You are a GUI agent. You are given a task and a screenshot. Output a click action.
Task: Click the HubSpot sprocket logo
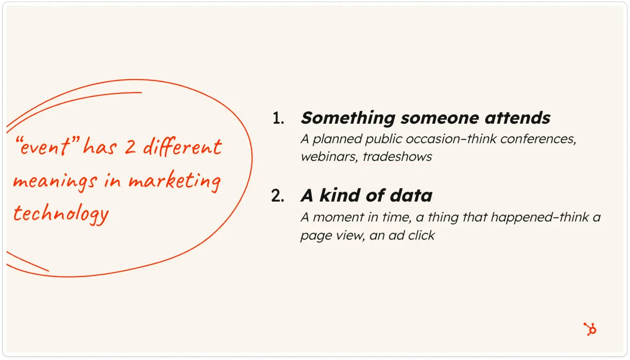pos(589,329)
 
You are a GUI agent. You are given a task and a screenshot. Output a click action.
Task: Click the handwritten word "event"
pos(44,147)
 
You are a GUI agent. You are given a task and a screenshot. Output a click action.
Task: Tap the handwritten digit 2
pos(130,147)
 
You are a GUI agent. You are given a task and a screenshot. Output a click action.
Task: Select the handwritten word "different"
pos(182,147)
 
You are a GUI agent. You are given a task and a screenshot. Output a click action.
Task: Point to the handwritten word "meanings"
pos(55,182)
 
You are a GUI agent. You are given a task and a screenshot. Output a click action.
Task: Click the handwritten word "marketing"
pos(175,182)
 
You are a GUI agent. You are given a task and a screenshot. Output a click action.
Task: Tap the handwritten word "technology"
pos(61,214)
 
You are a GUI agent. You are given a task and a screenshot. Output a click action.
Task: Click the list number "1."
pos(278,118)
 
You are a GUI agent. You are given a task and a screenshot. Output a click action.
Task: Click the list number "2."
pos(278,196)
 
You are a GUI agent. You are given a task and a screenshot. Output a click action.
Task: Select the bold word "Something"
pos(348,118)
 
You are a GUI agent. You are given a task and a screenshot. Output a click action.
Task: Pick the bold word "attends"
pos(517,118)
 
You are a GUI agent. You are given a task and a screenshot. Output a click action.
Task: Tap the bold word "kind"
pos(340,195)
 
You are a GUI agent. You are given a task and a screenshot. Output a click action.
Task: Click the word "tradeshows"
pos(397,157)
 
